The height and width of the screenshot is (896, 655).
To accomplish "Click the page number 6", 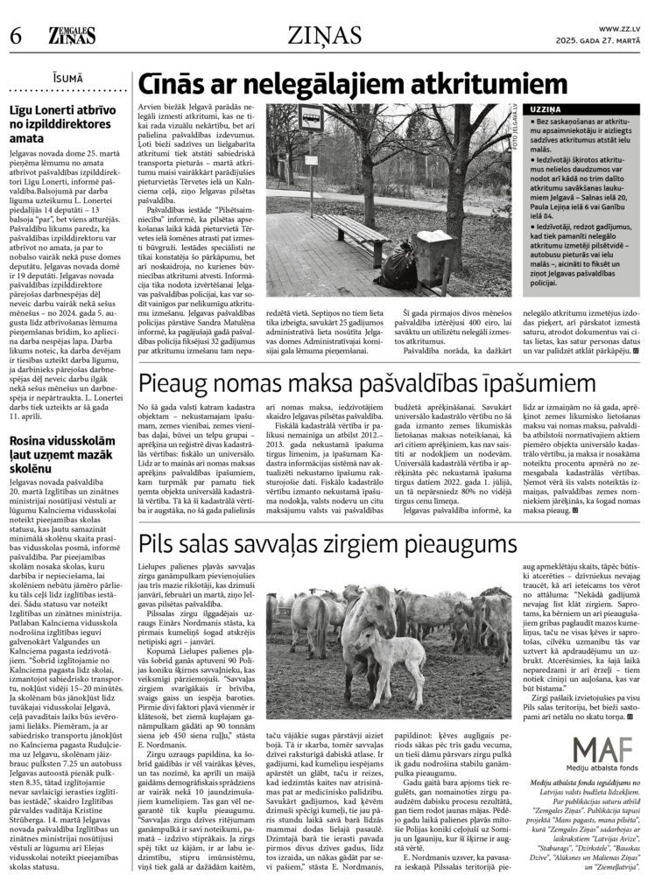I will [x=14, y=36].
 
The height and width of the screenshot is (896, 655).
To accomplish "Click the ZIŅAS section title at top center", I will [x=327, y=35].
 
